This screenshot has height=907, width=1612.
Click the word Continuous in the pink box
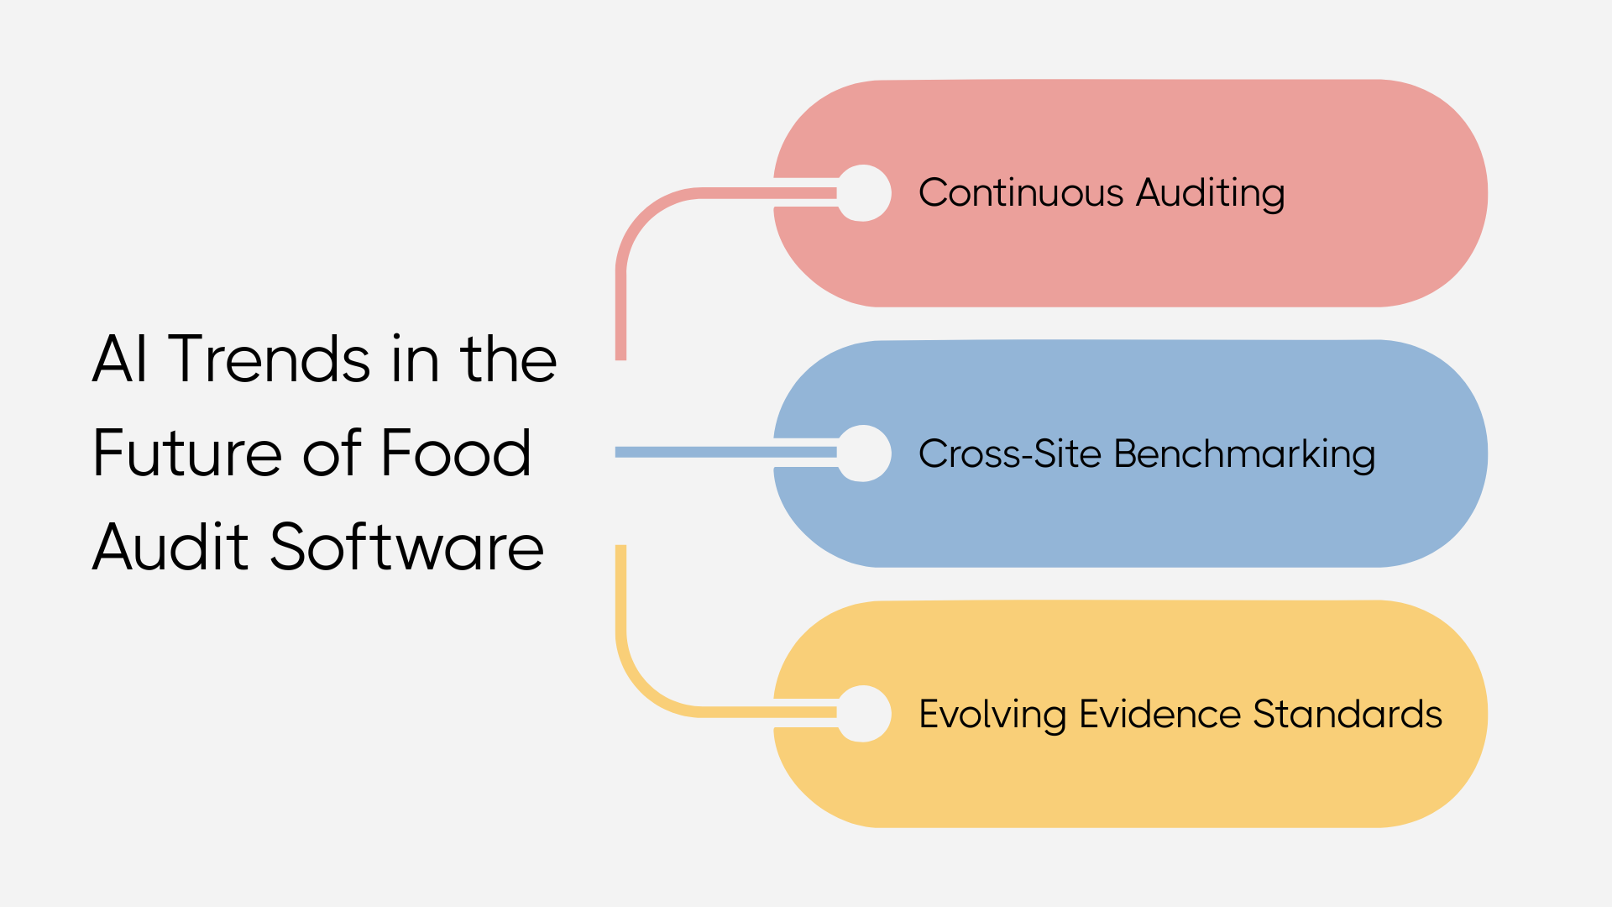click(x=1021, y=193)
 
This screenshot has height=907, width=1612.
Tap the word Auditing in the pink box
click(x=1210, y=193)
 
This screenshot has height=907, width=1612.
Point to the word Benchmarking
click(x=1244, y=454)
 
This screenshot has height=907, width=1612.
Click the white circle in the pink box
click(x=864, y=193)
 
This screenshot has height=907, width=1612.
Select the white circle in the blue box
click(x=864, y=453)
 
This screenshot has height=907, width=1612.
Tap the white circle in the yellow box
click(x=864, y=714)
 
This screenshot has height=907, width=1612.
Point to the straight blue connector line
click(x=697, y=453)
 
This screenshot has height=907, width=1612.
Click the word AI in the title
click(x=120, y=359)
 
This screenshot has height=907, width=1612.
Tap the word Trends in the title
click(x=269, y=359)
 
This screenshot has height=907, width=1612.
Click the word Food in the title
click(x=456, y=453)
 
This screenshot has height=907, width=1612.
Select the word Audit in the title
click(x=170, y=548)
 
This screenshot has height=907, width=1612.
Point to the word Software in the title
click(x=406, y=548)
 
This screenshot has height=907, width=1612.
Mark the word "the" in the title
click(x=508, y=359)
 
